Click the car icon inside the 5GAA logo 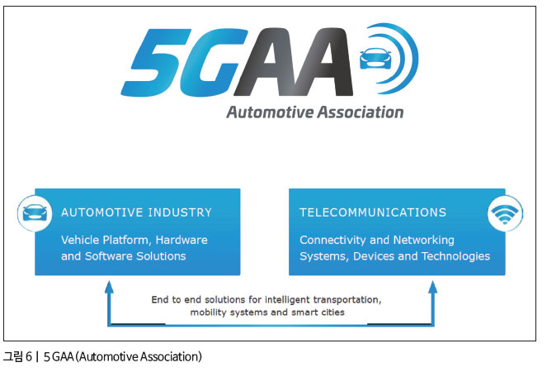pos(375,59)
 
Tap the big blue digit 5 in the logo pos(156,62)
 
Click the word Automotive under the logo pos(270,112)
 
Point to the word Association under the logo pos(361,112)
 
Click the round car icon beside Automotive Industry pos(35,213)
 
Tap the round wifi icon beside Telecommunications pos(505,213)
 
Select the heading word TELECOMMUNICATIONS pos(373,212)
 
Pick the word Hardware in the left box pos(182,240)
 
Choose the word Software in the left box pos(109,256)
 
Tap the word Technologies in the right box pos(455,256)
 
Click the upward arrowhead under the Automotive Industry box pos(109,288)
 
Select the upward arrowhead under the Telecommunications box pos(433,288)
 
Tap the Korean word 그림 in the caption pos(13,356)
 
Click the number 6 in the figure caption pos(29,357)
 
